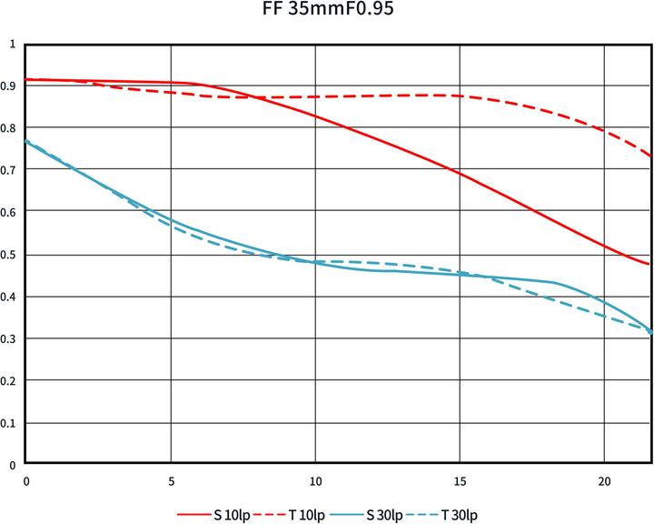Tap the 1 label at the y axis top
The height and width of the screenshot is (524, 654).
pyautogui.click(x=13, y=44)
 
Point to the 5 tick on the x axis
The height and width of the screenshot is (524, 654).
pyautogui.click(x=171, y=479)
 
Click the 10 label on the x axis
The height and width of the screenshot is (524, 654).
pyautogui.click(x=315, y=479)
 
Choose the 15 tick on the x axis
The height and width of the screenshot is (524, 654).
pyautogui.click(x=460, y=479)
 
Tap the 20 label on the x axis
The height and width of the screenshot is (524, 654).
pyautogui.click(x=604, y=479)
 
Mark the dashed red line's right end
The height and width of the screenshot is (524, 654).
pyautogui.click(x=650, y=156)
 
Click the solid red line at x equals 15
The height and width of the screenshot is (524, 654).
pyautogui.click(x=460, y=172)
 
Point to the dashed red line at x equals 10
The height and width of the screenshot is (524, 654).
pyautogui.click(x=315, y=96)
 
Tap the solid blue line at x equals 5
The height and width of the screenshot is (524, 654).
pyautogui.click(x=171, y=219)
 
